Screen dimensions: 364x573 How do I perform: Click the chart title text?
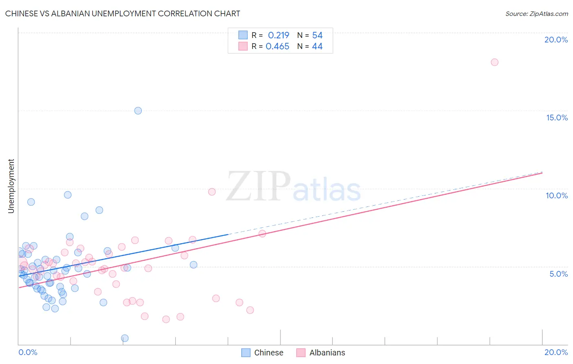click(123, 13)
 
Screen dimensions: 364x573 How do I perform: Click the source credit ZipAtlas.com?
click(536, 13)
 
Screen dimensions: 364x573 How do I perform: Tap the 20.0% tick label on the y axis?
click(556, 40)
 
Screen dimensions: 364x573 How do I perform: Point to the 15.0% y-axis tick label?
click(557, 118)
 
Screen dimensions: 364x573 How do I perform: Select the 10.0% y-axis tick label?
click(557, 195)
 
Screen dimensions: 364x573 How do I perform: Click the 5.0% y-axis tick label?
click(558, 274)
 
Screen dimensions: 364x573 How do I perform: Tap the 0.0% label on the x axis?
click(28, 352)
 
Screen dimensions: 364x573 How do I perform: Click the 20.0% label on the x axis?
click(556, 352)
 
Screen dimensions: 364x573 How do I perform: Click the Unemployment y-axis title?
click(11, 186)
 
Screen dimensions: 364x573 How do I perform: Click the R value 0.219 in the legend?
click(278, 36)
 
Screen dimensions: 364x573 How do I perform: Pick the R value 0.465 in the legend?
click(278, 47)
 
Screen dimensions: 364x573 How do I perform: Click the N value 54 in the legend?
click(317, 36)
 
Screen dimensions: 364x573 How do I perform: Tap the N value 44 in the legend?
click(317, 47)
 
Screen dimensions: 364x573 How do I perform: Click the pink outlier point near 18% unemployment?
click(494, 62)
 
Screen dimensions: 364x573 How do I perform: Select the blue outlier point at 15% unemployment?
click(138, 111)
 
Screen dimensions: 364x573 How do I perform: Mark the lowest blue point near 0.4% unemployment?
click(125, 338)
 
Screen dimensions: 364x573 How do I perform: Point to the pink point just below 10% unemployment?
click(212, 192)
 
